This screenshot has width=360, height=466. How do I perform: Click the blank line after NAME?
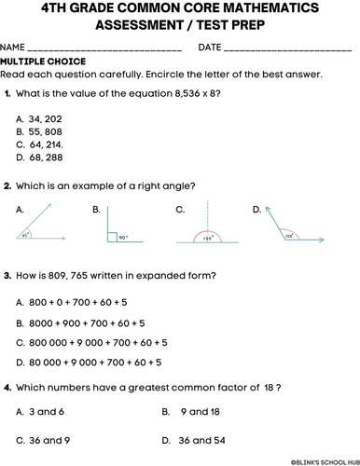point(104,47)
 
